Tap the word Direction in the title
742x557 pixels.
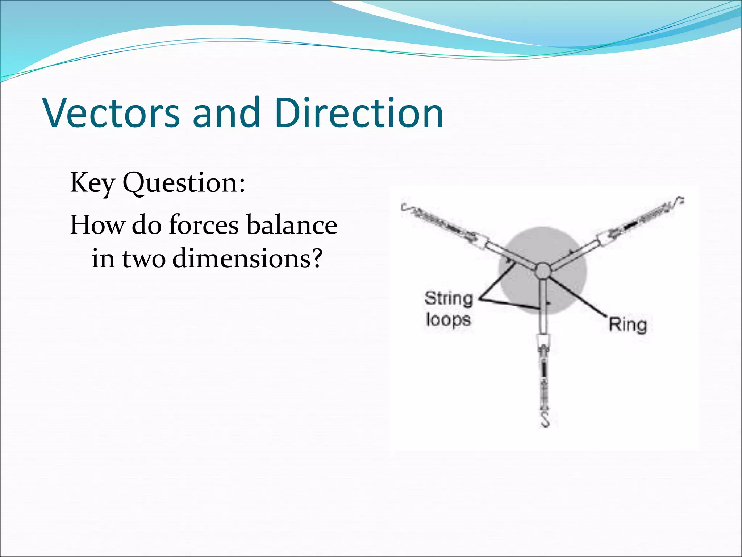(359, 113)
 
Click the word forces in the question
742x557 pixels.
(204, 225)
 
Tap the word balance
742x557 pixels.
(292, 225)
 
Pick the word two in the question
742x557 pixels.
(144, 259)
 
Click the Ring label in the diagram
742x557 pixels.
(628, 325)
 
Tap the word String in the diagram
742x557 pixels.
(449, 299)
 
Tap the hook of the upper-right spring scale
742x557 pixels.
(679, 200)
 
